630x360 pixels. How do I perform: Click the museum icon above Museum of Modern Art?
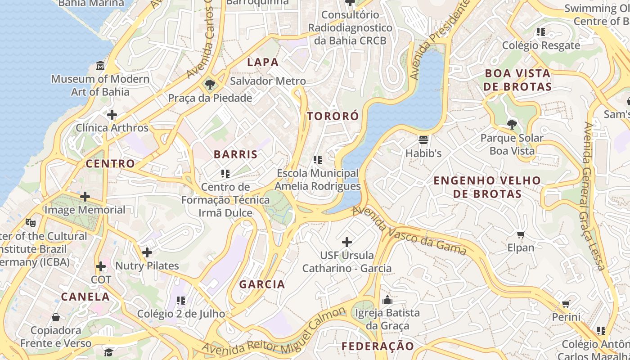point(100,66)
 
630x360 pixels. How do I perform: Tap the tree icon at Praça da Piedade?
point(209,85)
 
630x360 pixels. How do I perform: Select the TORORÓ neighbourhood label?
point(333,116)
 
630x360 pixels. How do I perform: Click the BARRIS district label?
point(236,154)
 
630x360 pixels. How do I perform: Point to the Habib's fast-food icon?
point(423,140)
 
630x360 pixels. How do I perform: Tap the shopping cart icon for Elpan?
point(521,234)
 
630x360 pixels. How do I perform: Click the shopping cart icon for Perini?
point(566,304)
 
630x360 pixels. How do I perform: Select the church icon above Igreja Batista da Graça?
point(387,300)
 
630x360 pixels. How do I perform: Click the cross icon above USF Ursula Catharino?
point(346,242)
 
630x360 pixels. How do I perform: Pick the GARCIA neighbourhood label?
point(262,284)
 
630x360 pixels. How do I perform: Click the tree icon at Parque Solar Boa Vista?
point(512,124)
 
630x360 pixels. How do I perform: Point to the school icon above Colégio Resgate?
point(540,32)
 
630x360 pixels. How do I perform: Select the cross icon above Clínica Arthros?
point(112,115)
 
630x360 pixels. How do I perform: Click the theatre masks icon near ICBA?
point(31,222)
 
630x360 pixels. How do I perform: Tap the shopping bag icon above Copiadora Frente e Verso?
point(56,317)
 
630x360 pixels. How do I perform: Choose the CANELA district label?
point(85,297)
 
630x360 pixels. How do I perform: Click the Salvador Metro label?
point(268,81)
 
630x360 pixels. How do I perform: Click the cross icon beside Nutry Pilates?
point(147,253)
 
